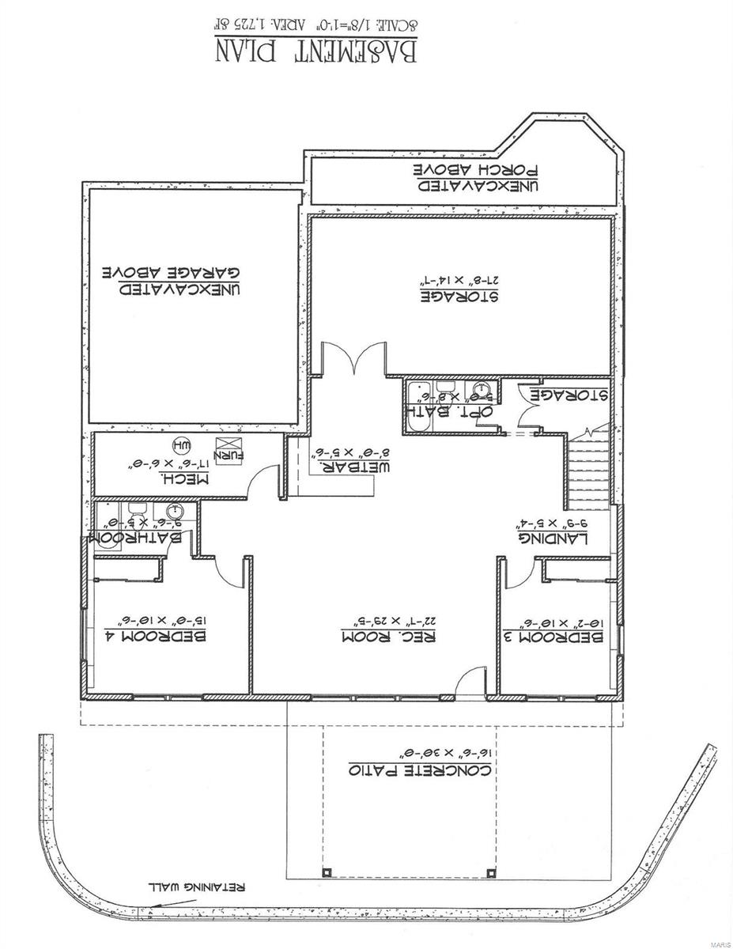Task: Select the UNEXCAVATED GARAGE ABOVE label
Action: tap(175, 281)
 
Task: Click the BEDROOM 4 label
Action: tap(156, 636)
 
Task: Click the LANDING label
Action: tap(553, 539)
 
